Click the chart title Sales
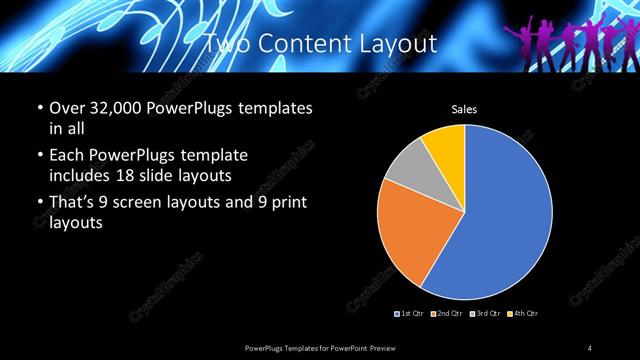click(464, 110)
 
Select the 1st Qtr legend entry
click(411, 314)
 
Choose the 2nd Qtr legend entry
click(447, 314)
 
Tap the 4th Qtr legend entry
click(523, 314)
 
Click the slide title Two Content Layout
click(320, 43)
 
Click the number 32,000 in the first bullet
click(118, 108)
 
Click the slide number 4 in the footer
click(590, 347)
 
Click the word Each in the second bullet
click(66, 156)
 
